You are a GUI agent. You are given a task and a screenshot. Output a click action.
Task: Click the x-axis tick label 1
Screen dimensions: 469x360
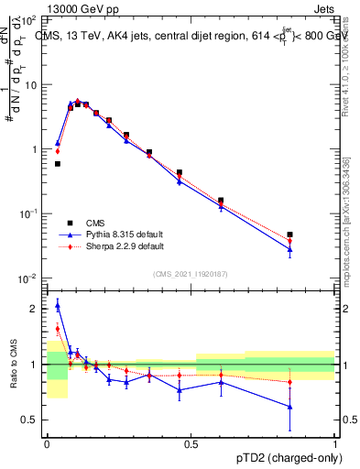[336, 442]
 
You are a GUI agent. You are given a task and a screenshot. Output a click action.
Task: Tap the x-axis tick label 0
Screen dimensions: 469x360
[46, 442]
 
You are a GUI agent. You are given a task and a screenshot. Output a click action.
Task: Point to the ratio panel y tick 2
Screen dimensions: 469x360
[34, 309]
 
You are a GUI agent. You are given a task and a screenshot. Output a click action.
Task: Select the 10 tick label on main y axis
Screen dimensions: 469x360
[30, 84]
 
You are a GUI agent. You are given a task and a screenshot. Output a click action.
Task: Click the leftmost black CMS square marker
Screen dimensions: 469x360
[58, 164]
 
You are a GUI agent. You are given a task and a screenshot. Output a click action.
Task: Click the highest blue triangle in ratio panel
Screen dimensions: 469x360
[58, 305]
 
